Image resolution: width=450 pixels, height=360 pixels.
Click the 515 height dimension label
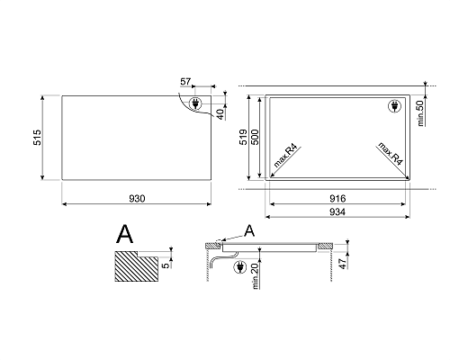click(37, 138)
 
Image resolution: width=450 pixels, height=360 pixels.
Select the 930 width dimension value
click(137, 199)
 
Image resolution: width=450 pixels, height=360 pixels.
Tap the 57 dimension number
click(185, 81)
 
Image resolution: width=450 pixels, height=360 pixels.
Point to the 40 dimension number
click(220, 114)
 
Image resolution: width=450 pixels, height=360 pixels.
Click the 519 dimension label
click(243, 137)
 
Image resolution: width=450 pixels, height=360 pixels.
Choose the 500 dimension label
click(255, 137)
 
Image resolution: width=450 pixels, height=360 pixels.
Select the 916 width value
click(337, 199)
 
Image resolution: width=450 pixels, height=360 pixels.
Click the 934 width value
click(337, 212)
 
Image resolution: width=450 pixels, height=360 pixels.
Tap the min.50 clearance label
click(420, 113)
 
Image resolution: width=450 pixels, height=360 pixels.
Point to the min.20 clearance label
click(256, 276)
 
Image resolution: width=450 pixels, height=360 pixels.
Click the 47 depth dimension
click(342, 264)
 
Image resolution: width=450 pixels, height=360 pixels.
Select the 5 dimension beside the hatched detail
click(166, 265)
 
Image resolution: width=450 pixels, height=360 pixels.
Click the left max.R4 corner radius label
click(285, 156)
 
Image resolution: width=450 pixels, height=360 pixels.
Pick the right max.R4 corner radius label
click(390, 154)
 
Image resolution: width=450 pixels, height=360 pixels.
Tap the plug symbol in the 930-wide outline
click(195, 103)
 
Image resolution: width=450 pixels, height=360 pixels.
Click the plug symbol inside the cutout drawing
click(394, 106)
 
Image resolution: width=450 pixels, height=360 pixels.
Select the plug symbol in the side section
click(239, 267)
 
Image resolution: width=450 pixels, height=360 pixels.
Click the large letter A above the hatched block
click(124, 234)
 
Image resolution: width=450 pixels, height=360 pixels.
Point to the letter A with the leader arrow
click(249, 230)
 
